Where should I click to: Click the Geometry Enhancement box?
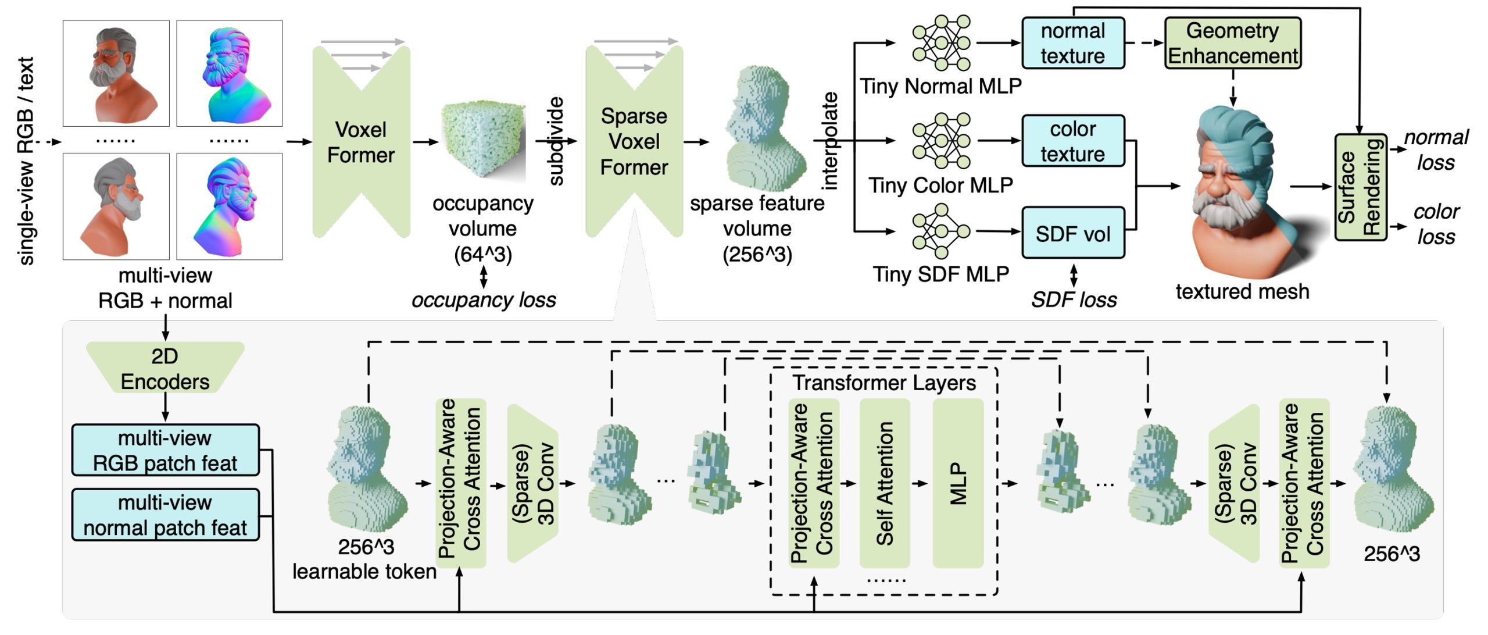coord(1232,43)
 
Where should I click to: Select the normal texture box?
coord(1073,43)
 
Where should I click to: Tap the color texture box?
coord(1073,141)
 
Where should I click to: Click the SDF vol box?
coord(1073,233)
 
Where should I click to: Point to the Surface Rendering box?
coord(1360,187)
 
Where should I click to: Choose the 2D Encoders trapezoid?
coord(165,368)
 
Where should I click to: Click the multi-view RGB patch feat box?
coord(165,451)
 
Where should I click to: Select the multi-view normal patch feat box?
coord(165,515)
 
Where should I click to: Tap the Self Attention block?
coord(885,483)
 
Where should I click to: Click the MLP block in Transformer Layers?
coord(958,483)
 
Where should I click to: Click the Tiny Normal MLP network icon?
coord(941,43)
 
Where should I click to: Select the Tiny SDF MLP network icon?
coord(941,231)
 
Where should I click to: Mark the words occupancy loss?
coord(484,300)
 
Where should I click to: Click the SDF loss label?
coord(1074,300)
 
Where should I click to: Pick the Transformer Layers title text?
coord(884,383)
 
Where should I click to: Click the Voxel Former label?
coord(361,142)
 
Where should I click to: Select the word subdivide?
coord(556,141)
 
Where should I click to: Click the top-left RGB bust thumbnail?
coord(116,73)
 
